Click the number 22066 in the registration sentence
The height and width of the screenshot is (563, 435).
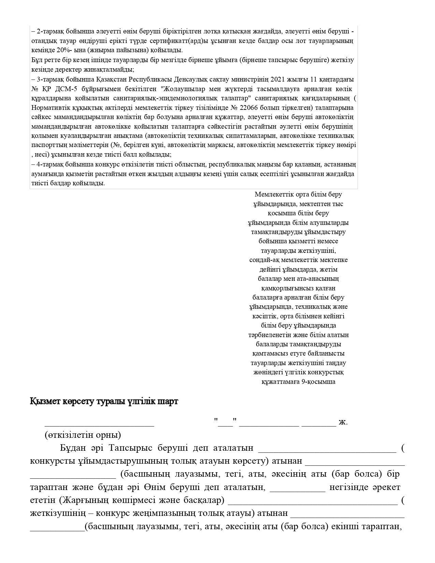[251, 108]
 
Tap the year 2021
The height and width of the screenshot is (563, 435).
[279, 80]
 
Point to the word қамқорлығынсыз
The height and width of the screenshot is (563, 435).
[299, 288]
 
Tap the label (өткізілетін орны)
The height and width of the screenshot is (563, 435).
[82, 435]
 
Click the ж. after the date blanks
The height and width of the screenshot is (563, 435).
[343, 422]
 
